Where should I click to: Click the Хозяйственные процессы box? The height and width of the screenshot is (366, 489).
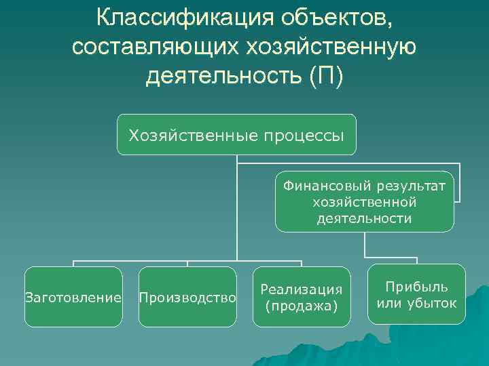(x=236, y=135)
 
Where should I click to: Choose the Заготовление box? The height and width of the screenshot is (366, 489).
(x=73, y=297)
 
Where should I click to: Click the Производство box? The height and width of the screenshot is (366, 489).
(x=187, y=297)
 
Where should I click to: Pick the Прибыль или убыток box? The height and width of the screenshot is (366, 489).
(x=416, y=294)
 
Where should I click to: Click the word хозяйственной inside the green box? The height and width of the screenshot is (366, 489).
(x=364, y=202)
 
